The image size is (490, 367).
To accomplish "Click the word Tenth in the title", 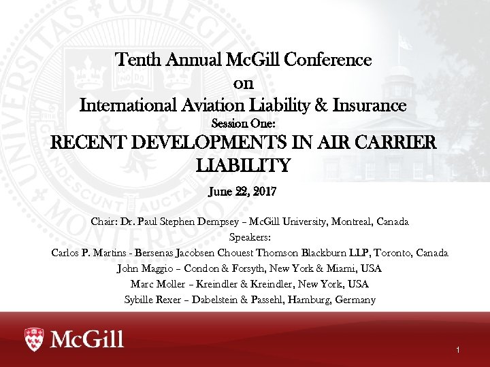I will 137,60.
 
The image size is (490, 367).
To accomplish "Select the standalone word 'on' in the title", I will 244,83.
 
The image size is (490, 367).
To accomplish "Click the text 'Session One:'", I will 243,124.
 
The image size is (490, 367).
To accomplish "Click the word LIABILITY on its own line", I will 243,165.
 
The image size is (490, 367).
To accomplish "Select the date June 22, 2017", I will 243,192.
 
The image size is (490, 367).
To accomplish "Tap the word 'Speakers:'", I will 250,237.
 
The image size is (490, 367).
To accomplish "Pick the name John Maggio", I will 145,268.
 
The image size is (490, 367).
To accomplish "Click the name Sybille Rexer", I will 155,300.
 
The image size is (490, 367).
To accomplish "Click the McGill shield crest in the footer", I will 34,338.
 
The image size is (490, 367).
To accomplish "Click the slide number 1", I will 459,350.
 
